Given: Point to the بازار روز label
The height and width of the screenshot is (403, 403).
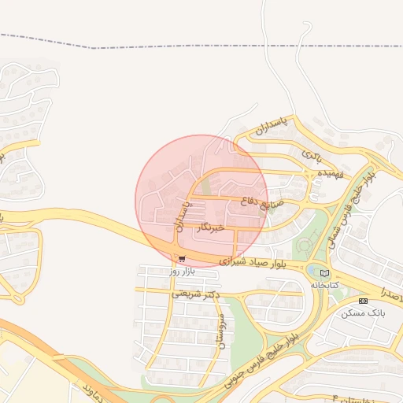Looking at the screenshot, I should [181, 270].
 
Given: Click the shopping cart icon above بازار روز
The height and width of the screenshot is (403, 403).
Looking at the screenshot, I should [182, 258].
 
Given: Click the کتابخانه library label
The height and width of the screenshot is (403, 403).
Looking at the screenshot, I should [324, 284].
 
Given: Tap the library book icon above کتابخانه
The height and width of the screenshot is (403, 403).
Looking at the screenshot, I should [325, 272].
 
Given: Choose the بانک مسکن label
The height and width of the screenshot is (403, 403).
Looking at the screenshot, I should [364, 312].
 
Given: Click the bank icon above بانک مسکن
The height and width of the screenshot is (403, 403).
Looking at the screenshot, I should [363, 301].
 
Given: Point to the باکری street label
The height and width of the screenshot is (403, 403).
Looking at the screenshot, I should [312, 149].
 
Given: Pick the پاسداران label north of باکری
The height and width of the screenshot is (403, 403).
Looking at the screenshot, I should [272, 124].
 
